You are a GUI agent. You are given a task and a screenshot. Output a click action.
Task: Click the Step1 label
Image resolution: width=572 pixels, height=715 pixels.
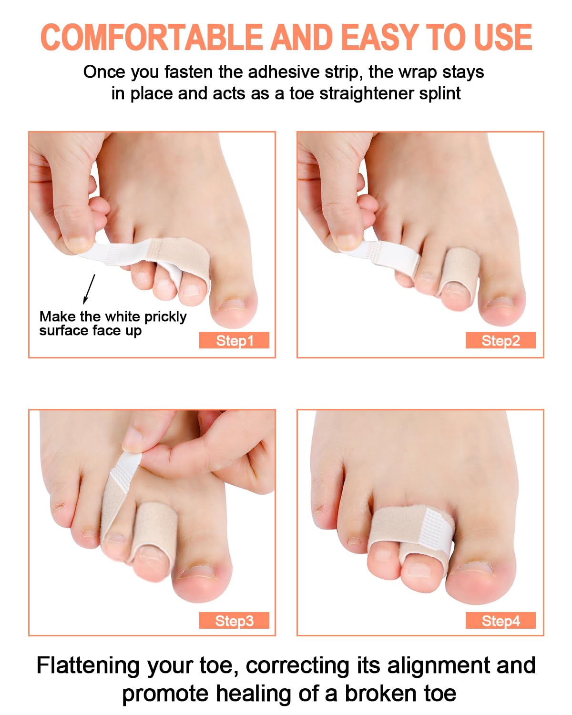(234, 340)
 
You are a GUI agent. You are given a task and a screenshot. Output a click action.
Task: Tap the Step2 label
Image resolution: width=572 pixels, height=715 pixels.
(500, 340)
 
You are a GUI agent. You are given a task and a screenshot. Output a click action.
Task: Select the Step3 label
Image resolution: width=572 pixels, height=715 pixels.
(234, 620)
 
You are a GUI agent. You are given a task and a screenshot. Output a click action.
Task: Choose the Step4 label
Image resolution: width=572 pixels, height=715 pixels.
(500, 620)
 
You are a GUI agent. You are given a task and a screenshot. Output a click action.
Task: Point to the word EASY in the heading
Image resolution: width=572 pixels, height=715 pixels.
(379, 37)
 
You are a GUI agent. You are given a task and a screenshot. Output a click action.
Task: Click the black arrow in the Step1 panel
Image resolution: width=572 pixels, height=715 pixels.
(89, 289)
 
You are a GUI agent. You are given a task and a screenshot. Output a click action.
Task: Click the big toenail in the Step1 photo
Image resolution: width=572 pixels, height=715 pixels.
(231, 305)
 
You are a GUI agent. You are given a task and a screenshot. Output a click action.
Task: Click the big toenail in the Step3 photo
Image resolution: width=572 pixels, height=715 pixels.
(196, 572)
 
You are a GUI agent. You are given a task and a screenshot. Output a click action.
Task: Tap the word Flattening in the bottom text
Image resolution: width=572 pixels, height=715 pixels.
(88, 665)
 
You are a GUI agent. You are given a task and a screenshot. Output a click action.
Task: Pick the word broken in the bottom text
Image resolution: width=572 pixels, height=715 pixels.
(381, 694)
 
